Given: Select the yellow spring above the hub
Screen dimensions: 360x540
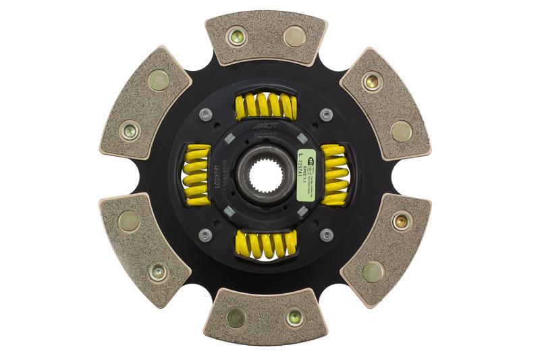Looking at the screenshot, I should coord(265,105).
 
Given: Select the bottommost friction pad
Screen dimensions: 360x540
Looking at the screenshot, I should coord(265,316).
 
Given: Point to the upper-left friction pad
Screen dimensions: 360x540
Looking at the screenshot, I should coord(145,103).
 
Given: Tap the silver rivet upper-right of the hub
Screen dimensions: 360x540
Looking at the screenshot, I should coord(327,115).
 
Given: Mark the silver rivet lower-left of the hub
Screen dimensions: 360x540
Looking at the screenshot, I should coord(206,234).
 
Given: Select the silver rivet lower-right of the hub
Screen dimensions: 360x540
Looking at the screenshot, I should coord(327,234).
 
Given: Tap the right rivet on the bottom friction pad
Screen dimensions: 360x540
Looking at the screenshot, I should coord(294,317).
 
